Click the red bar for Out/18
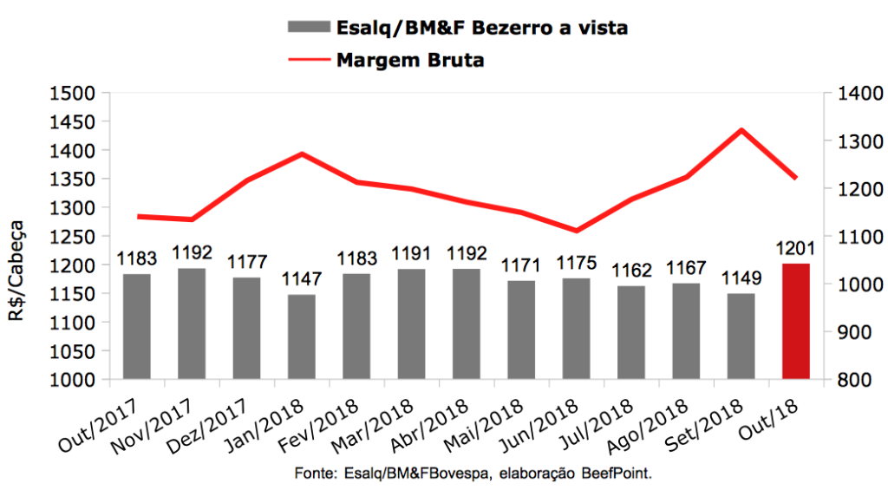(x=796, y=321)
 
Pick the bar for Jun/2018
(x=577, y=329)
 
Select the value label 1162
(x=631, y=271)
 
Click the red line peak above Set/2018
(x=741, y=130)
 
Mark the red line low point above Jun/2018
(x=577, y=231)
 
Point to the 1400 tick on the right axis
(x=854, y=94)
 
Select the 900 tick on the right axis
(x=851, y=332)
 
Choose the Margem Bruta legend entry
(x=409, y=60)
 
